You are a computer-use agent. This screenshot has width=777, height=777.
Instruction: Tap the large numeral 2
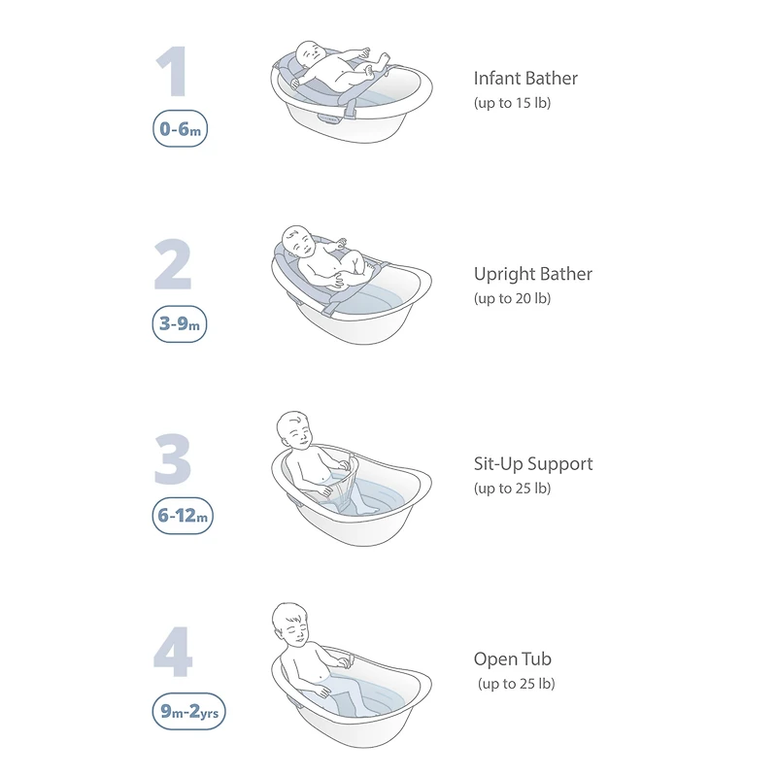173,264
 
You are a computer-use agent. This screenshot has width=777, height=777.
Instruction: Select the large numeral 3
173,459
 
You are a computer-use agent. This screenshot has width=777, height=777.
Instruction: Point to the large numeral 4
173,652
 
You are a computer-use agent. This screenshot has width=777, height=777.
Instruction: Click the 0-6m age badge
180,129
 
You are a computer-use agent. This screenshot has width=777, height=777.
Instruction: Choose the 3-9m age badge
180,324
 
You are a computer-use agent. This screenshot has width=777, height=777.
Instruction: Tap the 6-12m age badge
183,516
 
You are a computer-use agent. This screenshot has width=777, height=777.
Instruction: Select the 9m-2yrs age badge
188,712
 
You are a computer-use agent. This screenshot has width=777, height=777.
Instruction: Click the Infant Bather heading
525,79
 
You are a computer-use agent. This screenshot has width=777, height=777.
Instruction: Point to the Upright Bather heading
532,274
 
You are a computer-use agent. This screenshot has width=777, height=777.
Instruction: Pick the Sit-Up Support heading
533,464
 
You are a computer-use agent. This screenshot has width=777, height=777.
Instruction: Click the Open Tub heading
513,659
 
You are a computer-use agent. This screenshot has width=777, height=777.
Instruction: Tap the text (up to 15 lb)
513,103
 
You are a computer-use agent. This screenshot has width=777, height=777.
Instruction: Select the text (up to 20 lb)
513,298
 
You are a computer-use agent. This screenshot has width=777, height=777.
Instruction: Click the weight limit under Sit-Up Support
513,489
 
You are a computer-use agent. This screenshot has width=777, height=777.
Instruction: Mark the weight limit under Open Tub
517,684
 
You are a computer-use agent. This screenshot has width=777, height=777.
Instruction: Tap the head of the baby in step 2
298,241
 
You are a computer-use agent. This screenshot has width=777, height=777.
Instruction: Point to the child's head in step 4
290,624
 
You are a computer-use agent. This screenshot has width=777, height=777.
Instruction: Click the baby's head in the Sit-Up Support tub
294,430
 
